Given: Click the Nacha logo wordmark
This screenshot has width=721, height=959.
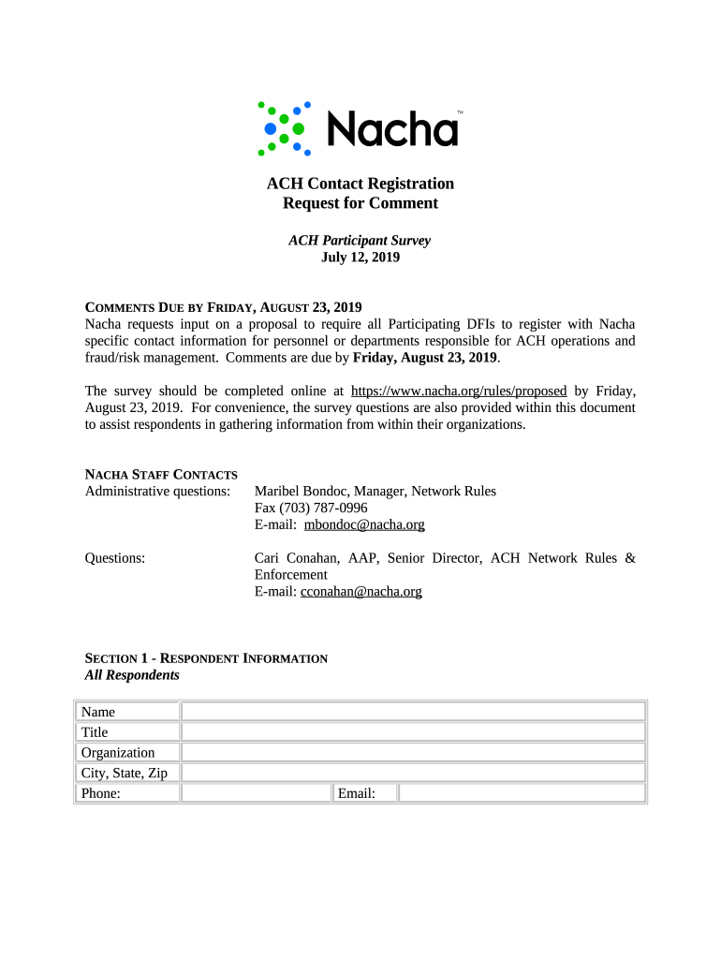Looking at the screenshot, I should (x=391, y=129).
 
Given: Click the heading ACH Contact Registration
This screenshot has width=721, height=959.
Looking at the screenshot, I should (x=360, y=184).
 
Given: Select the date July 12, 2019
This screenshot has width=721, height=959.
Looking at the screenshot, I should (x=360, y=257).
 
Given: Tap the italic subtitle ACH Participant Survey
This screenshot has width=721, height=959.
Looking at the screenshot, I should (x=360, y=241).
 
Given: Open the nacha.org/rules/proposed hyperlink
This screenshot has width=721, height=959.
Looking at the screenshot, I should (x=458, y=391).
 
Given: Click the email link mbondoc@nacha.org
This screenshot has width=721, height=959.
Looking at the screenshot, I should (x=364, y=524).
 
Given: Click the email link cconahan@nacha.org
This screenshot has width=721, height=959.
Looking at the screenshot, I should (x=360, y=591).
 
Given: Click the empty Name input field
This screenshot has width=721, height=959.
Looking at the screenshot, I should (x=413, y=712).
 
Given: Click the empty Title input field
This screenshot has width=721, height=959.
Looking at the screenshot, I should (x=413, y=732).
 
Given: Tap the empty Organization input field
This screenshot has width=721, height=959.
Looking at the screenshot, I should (x=413, y=752).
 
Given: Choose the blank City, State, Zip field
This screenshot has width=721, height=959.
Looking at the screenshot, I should (x=413, y=773).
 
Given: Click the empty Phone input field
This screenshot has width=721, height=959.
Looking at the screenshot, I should (x=256, y=793).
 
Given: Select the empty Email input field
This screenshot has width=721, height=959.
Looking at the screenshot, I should (x=522, y=793).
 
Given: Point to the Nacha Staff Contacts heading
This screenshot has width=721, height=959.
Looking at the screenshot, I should (x=161, y=475).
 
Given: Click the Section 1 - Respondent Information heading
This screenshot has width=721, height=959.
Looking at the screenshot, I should (x=206, y=658).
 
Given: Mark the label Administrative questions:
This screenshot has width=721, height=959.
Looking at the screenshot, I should (x=157, y=491).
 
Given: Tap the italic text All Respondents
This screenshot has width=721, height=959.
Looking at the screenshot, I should (x=132, y=674).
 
